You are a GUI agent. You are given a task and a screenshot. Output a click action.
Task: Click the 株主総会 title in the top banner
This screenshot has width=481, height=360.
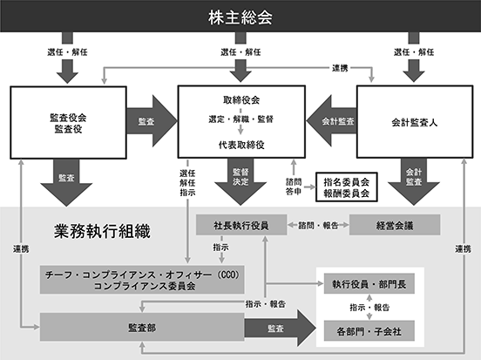[240, 17]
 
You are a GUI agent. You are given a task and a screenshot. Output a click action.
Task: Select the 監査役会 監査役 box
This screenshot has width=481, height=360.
[69, 122]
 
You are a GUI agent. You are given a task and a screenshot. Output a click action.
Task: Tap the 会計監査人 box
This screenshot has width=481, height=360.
[415, 122]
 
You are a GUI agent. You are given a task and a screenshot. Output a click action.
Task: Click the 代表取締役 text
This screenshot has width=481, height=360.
[241, 145]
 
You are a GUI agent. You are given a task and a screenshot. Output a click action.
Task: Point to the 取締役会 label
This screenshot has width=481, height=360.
[241, 100]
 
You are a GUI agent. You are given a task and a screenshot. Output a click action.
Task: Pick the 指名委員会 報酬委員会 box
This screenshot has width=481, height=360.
[346, 187]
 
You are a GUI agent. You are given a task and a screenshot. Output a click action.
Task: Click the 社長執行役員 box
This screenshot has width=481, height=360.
[241, 225]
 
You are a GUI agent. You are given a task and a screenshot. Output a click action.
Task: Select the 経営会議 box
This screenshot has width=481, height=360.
[395, 225]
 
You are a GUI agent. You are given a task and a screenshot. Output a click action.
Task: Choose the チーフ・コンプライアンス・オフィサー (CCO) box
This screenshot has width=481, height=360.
[142, 280]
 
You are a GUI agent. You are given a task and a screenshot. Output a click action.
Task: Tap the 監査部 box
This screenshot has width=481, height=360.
[142, 327]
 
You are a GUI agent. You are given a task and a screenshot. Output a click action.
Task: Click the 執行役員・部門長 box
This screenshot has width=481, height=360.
[369, 283]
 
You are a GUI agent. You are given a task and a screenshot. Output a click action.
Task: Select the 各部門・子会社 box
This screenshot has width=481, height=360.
[369, 330]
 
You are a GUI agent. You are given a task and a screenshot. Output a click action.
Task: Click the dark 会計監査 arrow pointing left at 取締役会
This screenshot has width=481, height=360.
[331, 121]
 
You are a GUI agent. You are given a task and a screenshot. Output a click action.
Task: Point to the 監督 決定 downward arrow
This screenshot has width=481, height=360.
[240, 181]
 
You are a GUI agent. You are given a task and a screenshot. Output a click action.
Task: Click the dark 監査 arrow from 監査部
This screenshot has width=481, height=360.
[280, 328]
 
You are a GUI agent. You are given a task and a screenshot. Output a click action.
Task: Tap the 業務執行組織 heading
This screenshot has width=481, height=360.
[103, 231]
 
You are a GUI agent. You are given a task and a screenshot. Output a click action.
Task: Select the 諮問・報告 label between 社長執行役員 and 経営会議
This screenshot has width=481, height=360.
[318, 226]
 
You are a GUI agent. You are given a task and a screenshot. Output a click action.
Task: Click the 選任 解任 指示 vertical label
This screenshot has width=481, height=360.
[187, 183]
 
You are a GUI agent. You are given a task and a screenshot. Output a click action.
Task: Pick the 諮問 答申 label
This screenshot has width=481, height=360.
[294, 187]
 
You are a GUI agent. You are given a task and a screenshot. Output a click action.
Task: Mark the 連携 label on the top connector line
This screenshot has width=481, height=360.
[340, 68]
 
